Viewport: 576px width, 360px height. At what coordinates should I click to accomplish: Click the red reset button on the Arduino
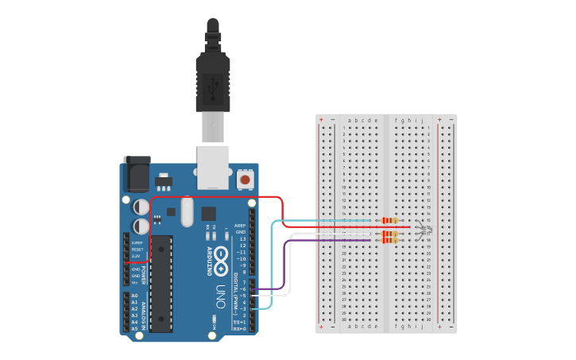click(x=245, y=180)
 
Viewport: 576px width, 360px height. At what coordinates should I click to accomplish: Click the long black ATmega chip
click(x=162, y=282)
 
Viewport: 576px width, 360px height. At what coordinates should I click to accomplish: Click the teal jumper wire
click(x=273, y=262)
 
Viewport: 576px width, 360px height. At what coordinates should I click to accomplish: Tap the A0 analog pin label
click(x=135, y=296)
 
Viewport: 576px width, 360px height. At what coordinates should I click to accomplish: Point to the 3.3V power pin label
click(x=137, y=256)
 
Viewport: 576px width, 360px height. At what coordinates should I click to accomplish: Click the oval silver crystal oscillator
click(x=187, y=212)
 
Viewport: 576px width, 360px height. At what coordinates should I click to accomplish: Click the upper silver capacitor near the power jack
click(x=141, y=206)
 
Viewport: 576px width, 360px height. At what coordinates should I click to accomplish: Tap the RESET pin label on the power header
click(x=137, y=249)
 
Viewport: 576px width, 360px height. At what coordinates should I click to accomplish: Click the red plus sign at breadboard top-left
click(x=322, y=119)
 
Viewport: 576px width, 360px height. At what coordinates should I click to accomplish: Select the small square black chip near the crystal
click(x=209, y=213)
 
